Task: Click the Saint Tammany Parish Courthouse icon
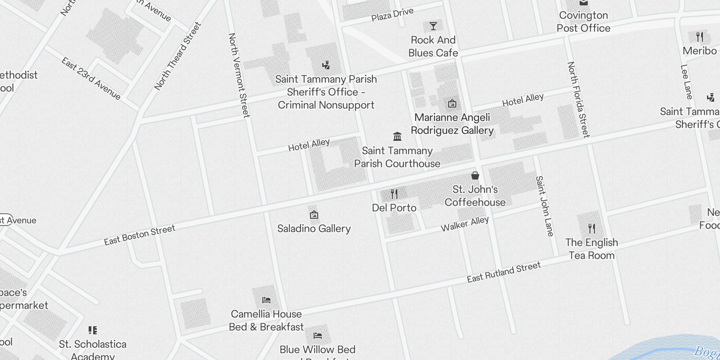pos(397,136)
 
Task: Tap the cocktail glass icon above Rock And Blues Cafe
pos(433,26)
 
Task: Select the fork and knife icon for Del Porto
pos(394,194)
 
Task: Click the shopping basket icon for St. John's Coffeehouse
pos(475,175)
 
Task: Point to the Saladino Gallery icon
pos(314,215)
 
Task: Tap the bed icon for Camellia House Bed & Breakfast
pos(266,300)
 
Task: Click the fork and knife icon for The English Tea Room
pos(591,229)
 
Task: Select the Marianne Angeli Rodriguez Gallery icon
pos(452,104)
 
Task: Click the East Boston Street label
pos(139,235)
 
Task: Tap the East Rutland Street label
pos(504,272)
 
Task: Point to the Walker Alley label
pos(464,224)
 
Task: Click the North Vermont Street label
pos(239,75)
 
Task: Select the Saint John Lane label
pos(544,206)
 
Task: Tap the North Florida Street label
pos(578,99)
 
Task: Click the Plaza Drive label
pos(392,14)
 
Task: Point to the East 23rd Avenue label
pos(91,79)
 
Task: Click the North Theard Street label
pos(177,56)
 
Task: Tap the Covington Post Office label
pos(583,22)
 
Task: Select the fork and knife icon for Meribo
pos(699,36)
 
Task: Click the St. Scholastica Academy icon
pos(93,331)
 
